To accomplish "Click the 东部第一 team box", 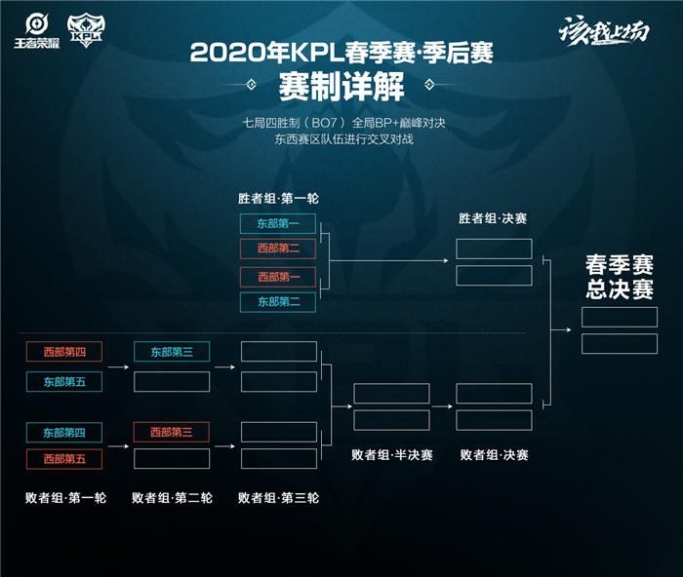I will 278,223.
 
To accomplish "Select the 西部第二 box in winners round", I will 278,249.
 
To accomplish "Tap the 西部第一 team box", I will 278,277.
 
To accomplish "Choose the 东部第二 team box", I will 278,302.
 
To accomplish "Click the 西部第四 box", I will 63,352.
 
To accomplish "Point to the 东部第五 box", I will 63,381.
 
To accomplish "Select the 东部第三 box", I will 171,352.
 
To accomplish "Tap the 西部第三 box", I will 171,432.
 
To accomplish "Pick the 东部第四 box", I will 63,432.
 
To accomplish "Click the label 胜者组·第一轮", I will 278,198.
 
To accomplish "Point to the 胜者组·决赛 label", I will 494,219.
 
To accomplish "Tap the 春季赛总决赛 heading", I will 619,278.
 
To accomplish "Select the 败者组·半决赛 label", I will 391,455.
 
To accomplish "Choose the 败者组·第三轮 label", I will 278,497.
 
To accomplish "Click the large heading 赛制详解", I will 341,88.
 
